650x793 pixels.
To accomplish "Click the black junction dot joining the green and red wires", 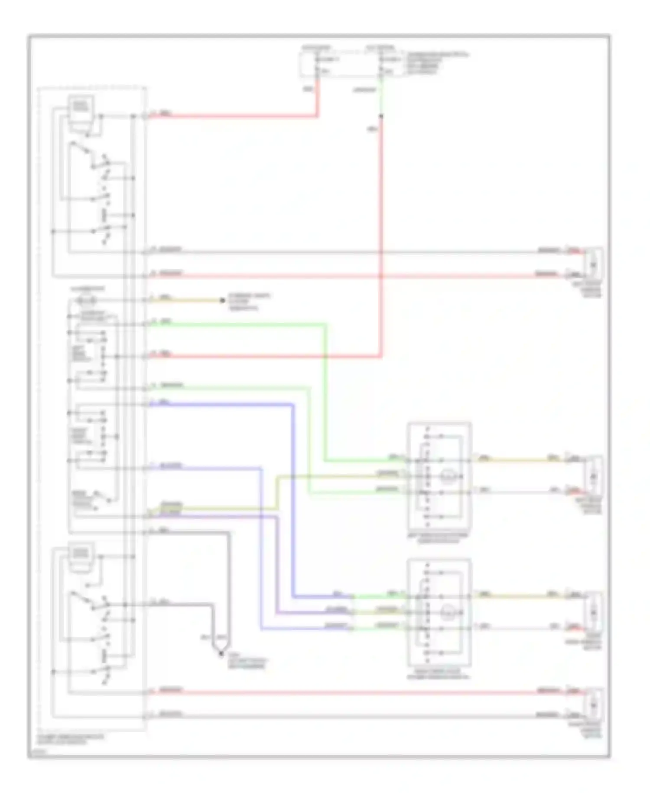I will (381, 116).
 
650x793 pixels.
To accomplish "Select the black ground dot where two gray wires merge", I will (221, 653).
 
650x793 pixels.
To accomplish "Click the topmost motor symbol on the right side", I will (593, 264).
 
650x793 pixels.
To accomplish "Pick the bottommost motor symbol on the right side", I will (593, 704).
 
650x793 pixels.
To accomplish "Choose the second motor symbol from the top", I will (593, 476).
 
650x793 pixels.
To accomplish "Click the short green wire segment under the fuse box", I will (381, 98).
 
